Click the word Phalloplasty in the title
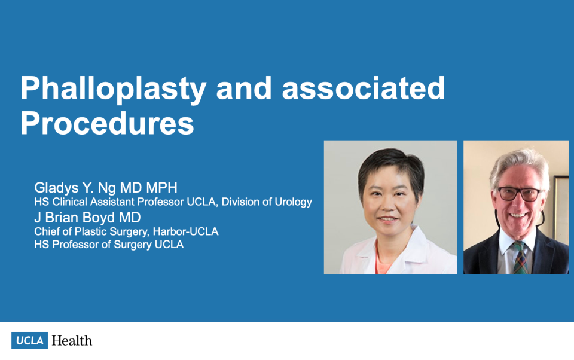tap(113, 89)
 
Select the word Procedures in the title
tap(107, 123)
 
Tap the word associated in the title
tap(364, 88)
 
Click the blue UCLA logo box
tap(30, 340)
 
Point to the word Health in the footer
tap(72, 341)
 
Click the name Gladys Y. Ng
tap(75, 188)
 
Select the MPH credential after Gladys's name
tap(162, 188)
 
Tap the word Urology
tap(293, 202)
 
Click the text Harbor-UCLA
tap(185, 231)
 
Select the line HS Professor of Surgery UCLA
tap(109, 244)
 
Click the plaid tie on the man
tap(520, 258)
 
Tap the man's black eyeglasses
tap(520, 194)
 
